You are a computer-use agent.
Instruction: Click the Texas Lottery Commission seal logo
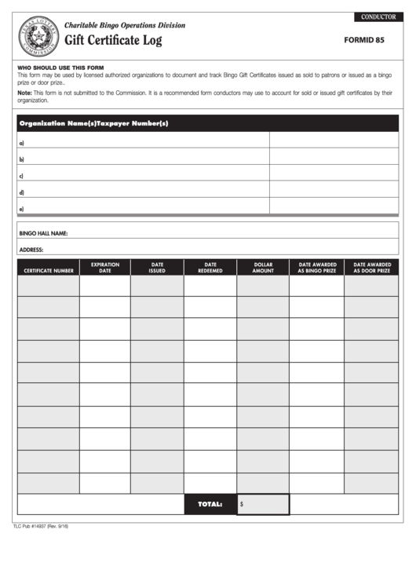click(x=39, y=37)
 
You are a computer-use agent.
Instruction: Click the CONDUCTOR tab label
click(x=378, y=16)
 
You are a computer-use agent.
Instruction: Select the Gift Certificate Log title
click(x=113, y=41)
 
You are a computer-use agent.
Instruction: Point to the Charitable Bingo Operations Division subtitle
click(x=125, y=25)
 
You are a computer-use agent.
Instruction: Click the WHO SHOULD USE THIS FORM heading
click(x=60, y=68)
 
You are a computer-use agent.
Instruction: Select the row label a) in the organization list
click(x=21, y=143)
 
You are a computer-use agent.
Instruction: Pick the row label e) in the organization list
click(x=21, y=209)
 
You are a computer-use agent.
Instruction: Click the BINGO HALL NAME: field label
click(x=43, y=233)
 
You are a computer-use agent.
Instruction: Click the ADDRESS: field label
click(x=31, y=250)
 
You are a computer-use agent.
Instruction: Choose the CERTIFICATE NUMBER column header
click(x=49, y=271)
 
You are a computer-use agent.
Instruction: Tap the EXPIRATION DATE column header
click(x=105, y=268)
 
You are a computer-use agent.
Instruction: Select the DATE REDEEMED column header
click(x=210, y=268)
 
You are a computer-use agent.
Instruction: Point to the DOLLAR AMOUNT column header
click(x=263, y=268)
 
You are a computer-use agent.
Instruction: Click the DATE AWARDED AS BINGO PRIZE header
click(x=317, y=268)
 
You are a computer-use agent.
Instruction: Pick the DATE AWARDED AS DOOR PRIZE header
click(x=371, y=268)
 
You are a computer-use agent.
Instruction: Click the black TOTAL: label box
click(x=210, y=504)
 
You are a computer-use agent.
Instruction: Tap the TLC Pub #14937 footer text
click(x=41, y=526)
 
